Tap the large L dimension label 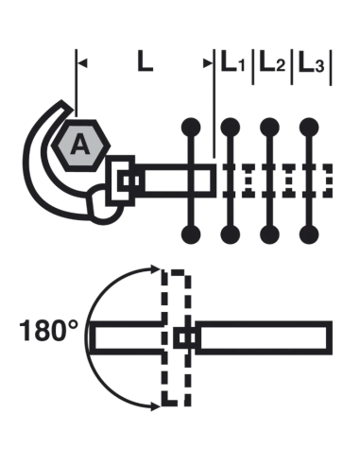[x=143, y=62]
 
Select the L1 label [x=232, y=63]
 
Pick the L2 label [x=272, y=63]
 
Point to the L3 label [x=312, y=63]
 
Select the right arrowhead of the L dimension [x=209, y=63]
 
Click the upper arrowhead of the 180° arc [x=151, y=272]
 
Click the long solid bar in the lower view [x=265, y=336]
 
